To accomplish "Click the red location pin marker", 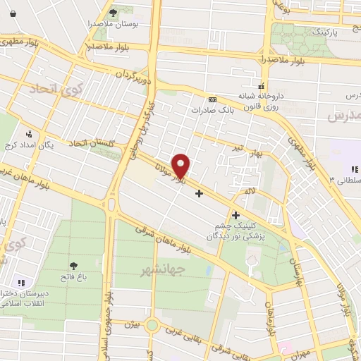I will pyautogui.click(x=181, y=166).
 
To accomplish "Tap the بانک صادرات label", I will pyautogui.click(x=212, y=110).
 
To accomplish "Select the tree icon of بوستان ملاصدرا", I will pyautogui.click(x=114, y=12).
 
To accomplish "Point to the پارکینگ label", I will pyautogui.click(x=329, y=32).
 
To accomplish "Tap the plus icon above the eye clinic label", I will pyautogui.click(x=235, y=214).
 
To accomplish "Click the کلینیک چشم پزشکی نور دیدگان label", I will pyautogui.click(x=240, y=231).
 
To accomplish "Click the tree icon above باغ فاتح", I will pyautogui.click(x=73, y=266).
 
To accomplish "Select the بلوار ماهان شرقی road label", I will pyautogui.click(x=180, y=240).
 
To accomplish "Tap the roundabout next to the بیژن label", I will pyautogui.click(x=152, y=326).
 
